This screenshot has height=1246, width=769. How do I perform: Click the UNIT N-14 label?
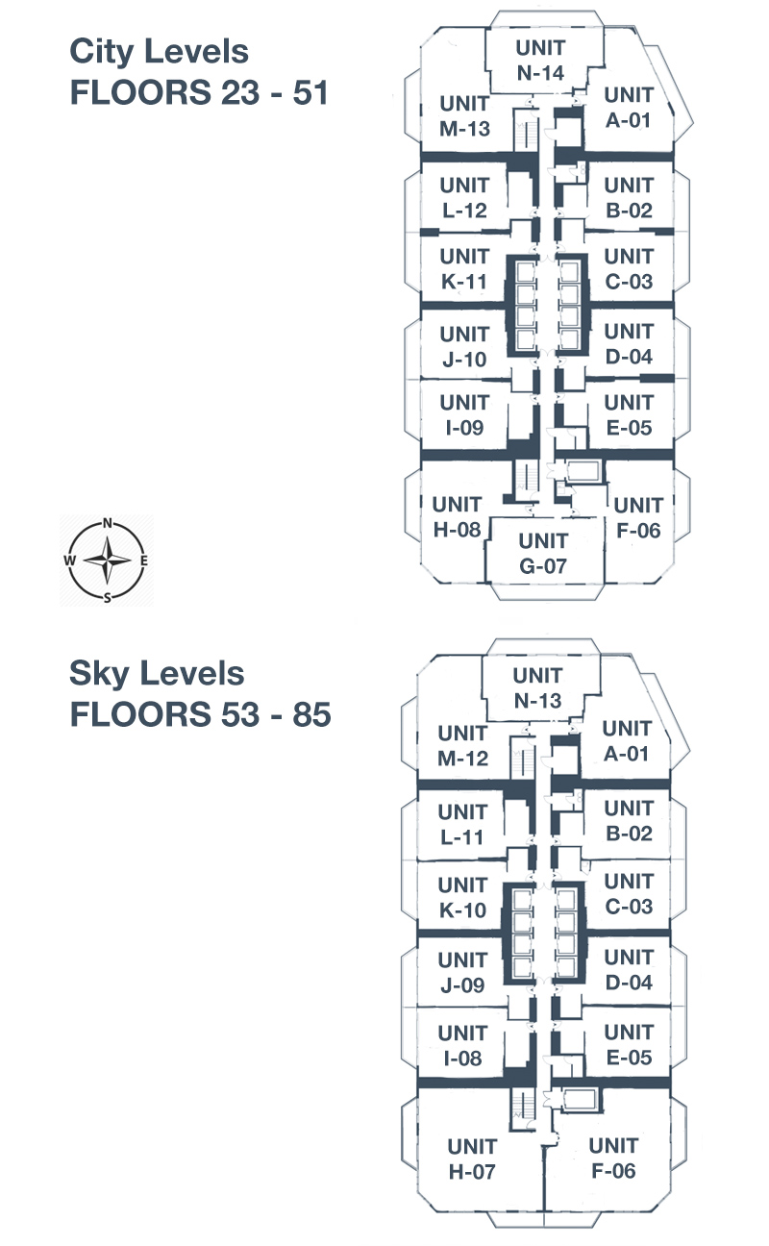click(540, 60)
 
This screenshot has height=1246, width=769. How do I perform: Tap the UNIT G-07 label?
click(543, 553)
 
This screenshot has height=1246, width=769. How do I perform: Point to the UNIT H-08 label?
click(456, 516)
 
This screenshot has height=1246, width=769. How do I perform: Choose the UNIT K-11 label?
click(463, 269)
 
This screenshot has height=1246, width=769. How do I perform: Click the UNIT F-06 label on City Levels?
click(638, 517)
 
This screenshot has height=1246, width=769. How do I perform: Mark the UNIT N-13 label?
click(537, 688)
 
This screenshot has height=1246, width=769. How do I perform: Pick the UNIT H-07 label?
click(472, 1159)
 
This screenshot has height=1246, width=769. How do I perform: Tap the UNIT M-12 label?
click(462, 745)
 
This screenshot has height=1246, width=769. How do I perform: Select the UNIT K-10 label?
click(462, 897)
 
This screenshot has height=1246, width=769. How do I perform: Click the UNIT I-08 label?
click(462, 1046)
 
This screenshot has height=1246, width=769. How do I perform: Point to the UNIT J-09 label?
click(462, 972)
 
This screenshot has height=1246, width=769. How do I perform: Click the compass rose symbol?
click(108, 561)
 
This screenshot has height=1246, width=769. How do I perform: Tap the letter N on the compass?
click(108, 524)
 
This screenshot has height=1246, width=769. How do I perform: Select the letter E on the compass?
click(144, 561)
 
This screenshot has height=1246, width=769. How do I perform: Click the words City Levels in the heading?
click(160, 51)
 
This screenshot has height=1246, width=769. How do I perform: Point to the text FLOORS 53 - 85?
click(200, 715)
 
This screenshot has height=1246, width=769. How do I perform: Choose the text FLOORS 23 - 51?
click(199, 93)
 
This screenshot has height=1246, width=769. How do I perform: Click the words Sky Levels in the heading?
click(157, 673)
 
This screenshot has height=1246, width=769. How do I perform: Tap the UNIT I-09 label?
click(463, 415)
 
